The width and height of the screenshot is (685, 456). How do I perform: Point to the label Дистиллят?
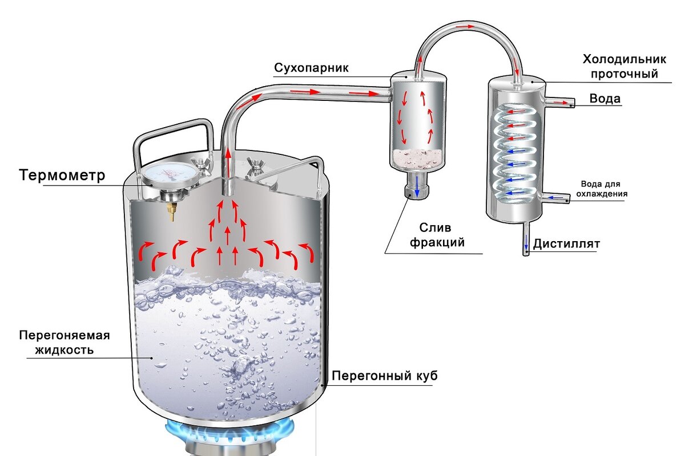(x=567, y=245)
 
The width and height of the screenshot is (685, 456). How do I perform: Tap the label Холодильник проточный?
(x=620, y=66)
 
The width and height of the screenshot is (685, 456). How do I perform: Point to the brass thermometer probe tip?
(x=171, y=212)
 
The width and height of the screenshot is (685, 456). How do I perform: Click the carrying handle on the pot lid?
(x=171, y=132)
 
